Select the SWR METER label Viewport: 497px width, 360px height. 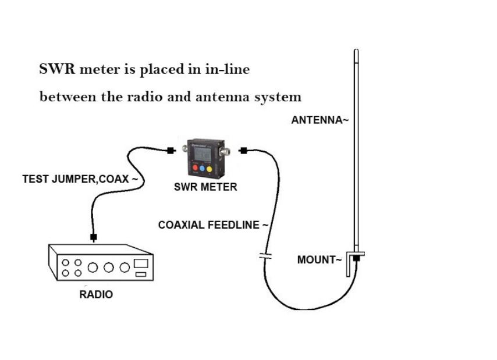(x=205, y=187)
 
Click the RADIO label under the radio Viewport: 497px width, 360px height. (x=96, y=295)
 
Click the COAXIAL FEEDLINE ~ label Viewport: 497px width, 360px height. (x=213, y=225)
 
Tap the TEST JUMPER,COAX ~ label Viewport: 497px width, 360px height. (x=80, y=180)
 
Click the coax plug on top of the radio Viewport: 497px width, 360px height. (x=93, y=237)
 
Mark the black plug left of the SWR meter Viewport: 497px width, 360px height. (x=171, y=151)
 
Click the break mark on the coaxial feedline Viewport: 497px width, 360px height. (x=265, y=256)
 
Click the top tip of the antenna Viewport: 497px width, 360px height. (x=356, y=52)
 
